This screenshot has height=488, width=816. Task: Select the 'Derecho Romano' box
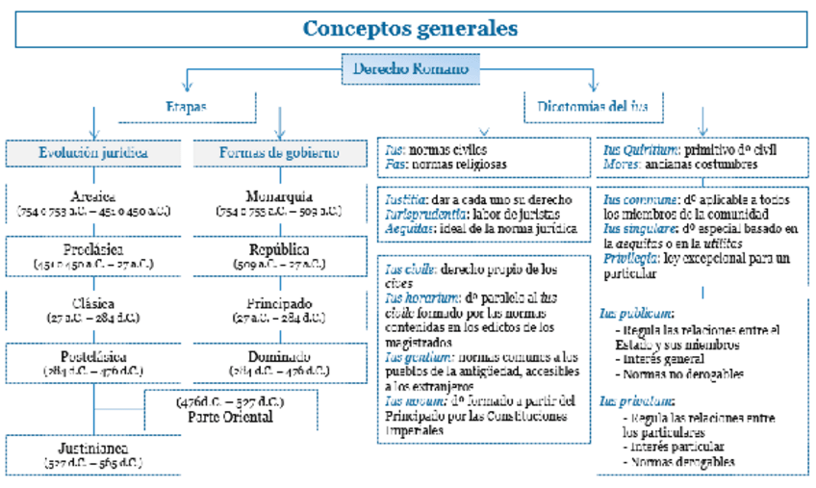(x=411, y=69)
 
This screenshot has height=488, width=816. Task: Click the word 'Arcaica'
(x=93, y=193)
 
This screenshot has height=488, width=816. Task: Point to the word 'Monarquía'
(x=278, y=193)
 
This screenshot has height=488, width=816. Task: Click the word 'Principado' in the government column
(x=278, y=301)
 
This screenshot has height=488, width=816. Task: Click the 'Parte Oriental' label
(x=231, y=417)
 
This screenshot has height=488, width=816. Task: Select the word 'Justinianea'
(x=93, y=449)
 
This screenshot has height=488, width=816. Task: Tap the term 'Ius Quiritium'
(x=640, y=150)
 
